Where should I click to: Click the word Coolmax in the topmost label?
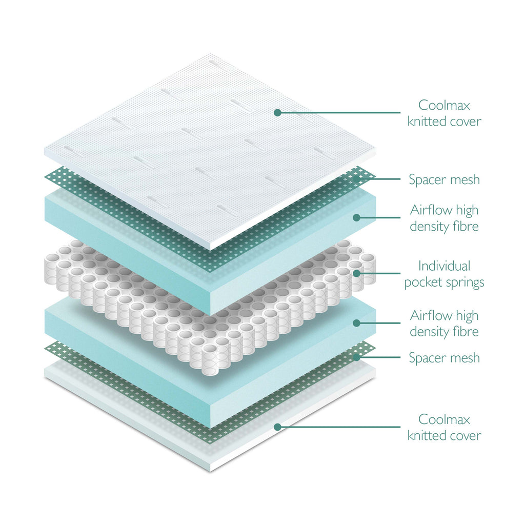pos(444,105)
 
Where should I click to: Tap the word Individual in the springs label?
pos(444,266)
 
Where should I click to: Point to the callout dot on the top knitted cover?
pos(277,112)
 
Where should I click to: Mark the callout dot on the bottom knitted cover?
pos(277,427)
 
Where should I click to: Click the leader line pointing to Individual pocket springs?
pos(379,273)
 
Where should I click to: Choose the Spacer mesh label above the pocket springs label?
pos(444,179)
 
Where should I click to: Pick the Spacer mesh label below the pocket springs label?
pos(444,357)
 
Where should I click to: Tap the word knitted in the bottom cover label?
pos(427,436)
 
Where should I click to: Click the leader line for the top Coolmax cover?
pos(338,112)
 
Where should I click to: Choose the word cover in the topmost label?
pos(466,122)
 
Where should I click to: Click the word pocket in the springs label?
pos(423,282)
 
